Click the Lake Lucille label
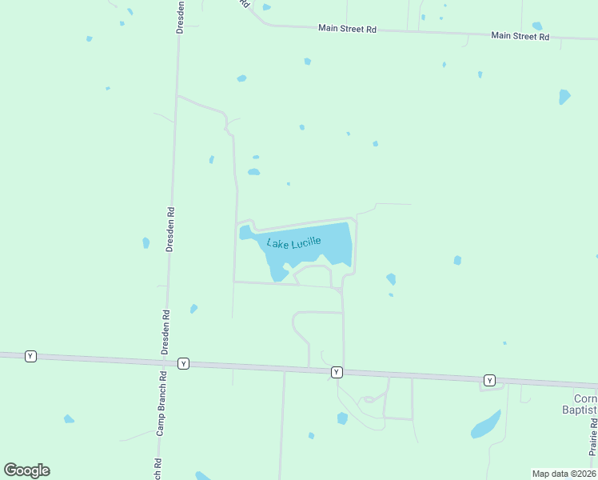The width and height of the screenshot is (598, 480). tap(293, 242)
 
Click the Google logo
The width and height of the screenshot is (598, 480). tap(26, 470)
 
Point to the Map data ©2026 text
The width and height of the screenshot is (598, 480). tap(564, 474)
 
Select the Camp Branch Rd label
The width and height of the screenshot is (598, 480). tap(160, 403)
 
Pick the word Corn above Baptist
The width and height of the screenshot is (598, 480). tap(585, 398)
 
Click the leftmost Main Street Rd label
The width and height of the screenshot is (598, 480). tap(347, 28)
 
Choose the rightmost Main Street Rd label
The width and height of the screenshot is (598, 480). tap(520, 36)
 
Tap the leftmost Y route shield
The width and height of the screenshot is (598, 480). tap(30, 356)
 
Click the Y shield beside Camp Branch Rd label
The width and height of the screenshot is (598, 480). tap(183, 363)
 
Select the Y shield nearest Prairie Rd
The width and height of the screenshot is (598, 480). tap(489, 380)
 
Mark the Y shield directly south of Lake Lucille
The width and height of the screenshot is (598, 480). tap(337, 372)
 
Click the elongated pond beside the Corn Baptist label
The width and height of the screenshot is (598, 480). tap(486, 424)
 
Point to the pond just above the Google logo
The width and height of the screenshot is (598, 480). tap(69, 419)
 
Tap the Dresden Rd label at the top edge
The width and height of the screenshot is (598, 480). tap(181, 16)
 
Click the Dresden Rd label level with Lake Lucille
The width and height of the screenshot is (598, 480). tap(169, 230)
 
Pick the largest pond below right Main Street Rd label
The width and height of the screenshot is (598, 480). tap(564, 97)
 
